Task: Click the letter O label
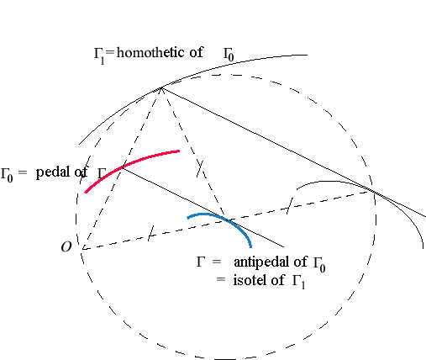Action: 66,247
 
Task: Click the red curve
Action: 126,166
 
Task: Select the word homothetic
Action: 150,52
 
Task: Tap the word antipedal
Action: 262,262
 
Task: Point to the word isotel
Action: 250,280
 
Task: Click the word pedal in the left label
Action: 54,172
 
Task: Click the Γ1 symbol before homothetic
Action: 99,56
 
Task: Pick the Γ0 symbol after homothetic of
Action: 229,55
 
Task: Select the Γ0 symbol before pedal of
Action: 7,175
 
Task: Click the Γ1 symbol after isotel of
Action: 298,282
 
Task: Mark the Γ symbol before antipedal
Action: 201,262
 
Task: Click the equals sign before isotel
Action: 221,279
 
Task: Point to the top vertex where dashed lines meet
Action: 161,88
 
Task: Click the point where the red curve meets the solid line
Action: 122,167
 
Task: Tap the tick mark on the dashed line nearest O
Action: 150,233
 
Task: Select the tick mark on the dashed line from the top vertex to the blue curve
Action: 200,168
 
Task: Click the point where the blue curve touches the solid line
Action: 229,220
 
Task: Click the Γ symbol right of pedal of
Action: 102,173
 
